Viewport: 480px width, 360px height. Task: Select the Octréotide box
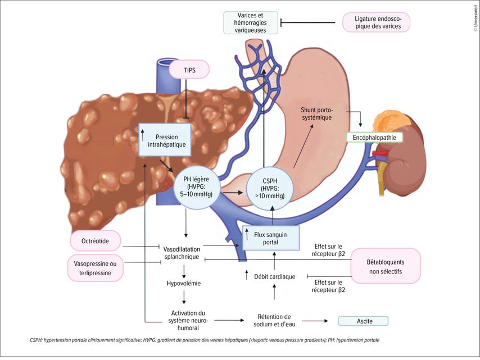pyautogui.click(x=96, y=240)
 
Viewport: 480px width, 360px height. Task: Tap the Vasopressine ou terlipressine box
pyautogui.click(x=96, y=268)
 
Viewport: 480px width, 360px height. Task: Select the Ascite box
pyautogui.click(x=363, y=321)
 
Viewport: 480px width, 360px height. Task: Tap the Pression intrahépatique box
pyautogui.click(x=165, y=140)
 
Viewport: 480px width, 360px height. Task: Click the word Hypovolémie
pyautogui.click(x=185, y=284)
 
